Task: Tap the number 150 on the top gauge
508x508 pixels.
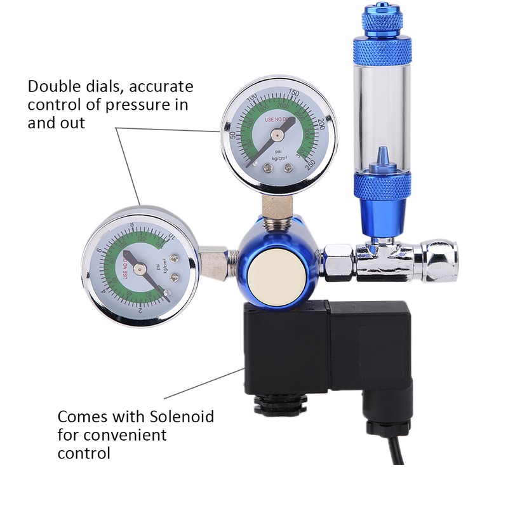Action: point(293,94)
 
